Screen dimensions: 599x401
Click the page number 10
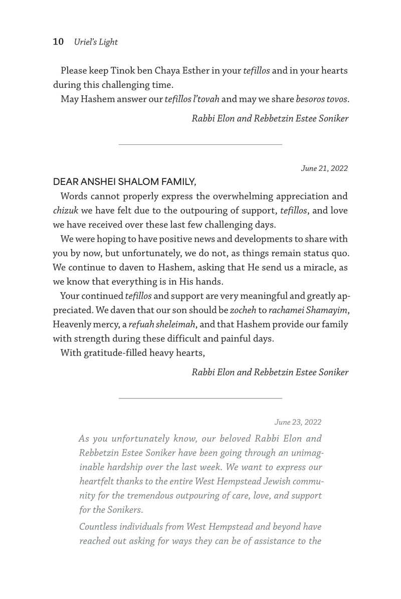pyautogui.click(x=58, y=42)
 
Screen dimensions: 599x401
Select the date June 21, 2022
pyautogui.click(x=324, y=168)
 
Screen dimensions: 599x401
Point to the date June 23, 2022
pyautogui.click(x=298, y=422)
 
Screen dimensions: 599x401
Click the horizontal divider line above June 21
pyautogui.click(x=200, y=144)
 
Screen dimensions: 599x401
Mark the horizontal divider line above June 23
pyautogui.click(x=200, y=398)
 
